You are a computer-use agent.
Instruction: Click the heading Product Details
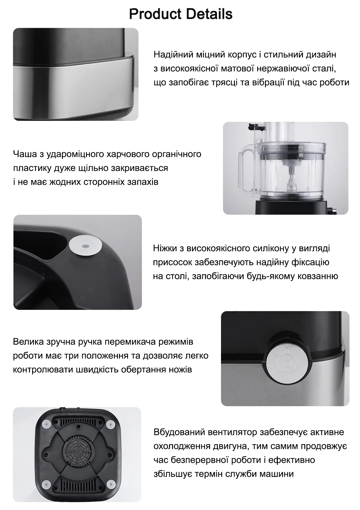pyautogui.click(x=180, y=14)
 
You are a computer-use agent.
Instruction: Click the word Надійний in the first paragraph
pyautogui.click(x=171, y=54)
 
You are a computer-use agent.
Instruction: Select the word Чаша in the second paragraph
pyautogui.click(x=25, y=154)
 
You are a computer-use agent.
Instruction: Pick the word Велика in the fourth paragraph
pyautogui.click(x=28, y=342)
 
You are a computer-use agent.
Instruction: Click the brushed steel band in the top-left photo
pyautogui.click(x=72, y=84)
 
